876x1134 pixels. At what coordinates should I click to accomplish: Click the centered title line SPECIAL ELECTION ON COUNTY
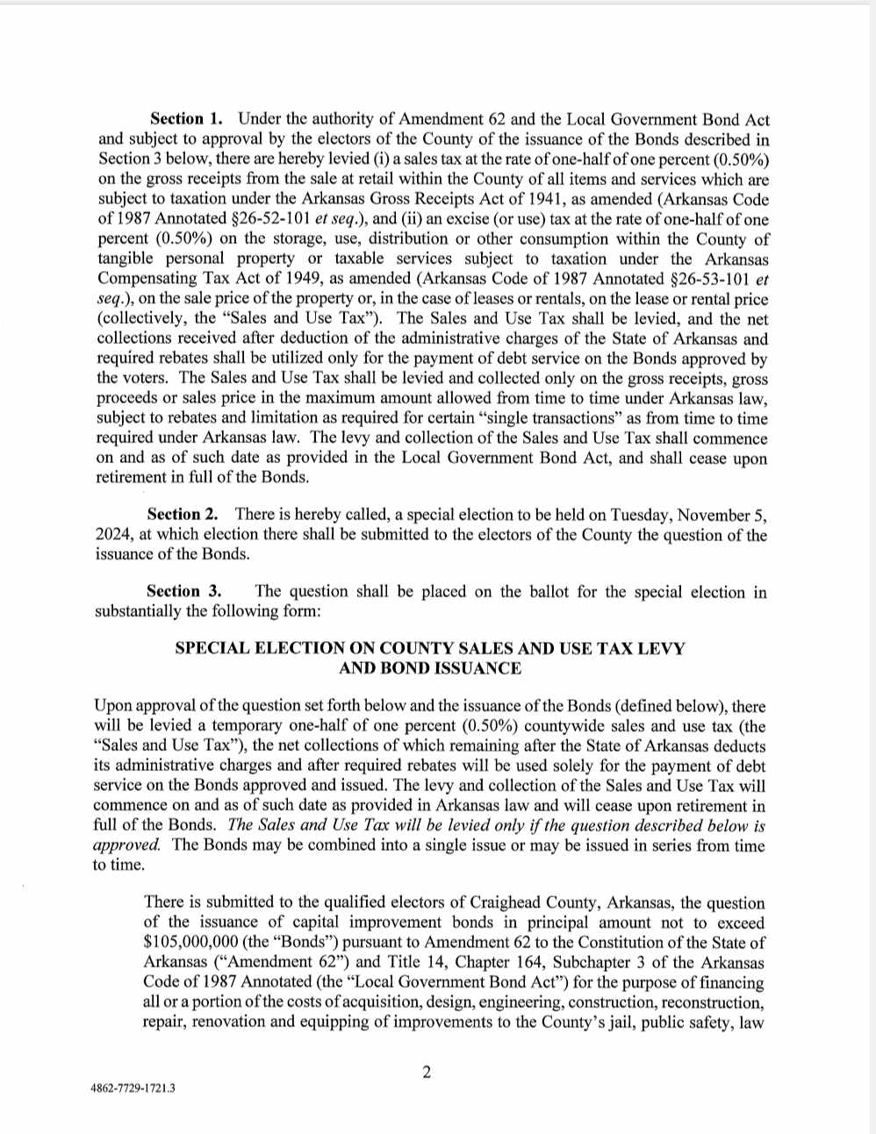pyautogui.click(x=430, y=648)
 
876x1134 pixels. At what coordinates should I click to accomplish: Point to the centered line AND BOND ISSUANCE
pyautogui.click(x=430, y=668)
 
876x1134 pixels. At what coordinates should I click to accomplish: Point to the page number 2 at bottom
pyautogui.click(x=427, y=1072)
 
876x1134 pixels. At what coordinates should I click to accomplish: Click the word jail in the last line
pyautogui.click(x=621, y=1022)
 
